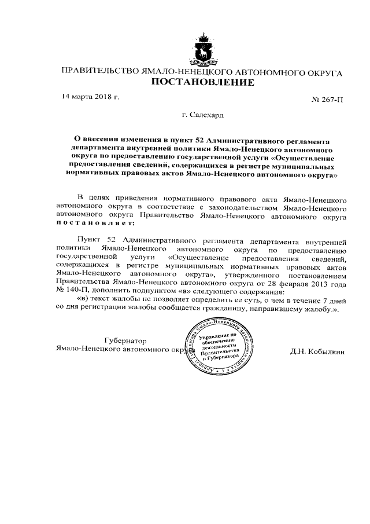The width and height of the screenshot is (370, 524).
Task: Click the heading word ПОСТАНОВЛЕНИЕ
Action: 202,82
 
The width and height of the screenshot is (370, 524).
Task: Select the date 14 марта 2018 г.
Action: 90,96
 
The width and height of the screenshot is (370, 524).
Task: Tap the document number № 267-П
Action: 327,100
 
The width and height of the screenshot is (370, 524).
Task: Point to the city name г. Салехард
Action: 202,116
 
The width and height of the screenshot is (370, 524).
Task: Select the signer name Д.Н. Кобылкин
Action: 318,350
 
